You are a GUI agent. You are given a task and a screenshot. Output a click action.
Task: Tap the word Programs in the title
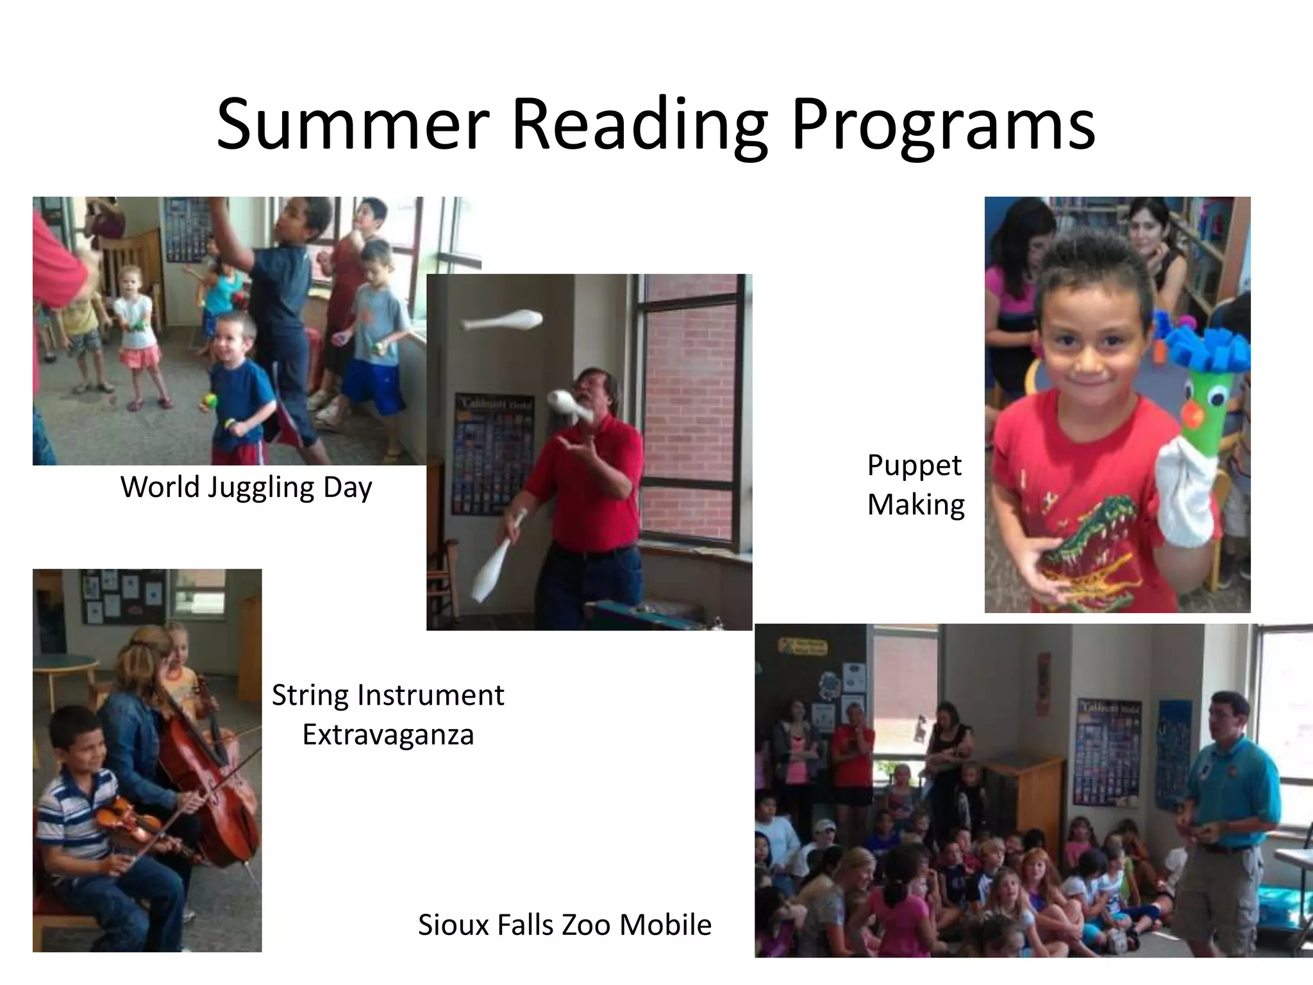tap(943, 125)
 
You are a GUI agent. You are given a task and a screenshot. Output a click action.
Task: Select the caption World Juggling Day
tap(246, 487)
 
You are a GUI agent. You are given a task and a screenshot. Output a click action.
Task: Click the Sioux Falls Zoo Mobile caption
tap(564, 925)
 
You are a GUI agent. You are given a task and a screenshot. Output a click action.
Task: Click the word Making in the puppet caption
tap(916, 505)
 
